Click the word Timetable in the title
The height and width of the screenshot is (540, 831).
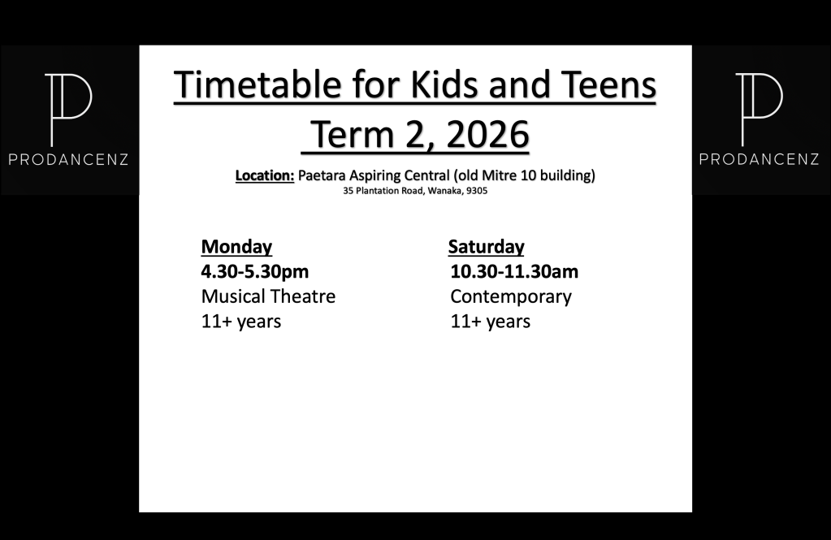pos(258,84)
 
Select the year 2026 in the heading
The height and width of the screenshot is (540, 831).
pos(487,135)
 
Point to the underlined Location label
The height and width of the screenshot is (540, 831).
pos(265,175)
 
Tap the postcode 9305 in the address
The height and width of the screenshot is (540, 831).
pos(477,191)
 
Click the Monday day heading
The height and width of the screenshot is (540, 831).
pos(236,247)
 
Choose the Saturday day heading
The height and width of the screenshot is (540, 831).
pos(486,247)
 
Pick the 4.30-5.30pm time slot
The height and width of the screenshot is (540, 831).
pos(255,271)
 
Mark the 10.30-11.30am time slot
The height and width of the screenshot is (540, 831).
pos(514,271)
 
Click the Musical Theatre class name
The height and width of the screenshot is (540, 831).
pos(268,296)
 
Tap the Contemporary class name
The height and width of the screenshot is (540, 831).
pos(511,296)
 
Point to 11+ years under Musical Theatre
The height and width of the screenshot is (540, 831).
pos(241,321)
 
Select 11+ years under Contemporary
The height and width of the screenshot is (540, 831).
pos(490,321)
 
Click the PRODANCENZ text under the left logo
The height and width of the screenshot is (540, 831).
pos(68,159)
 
